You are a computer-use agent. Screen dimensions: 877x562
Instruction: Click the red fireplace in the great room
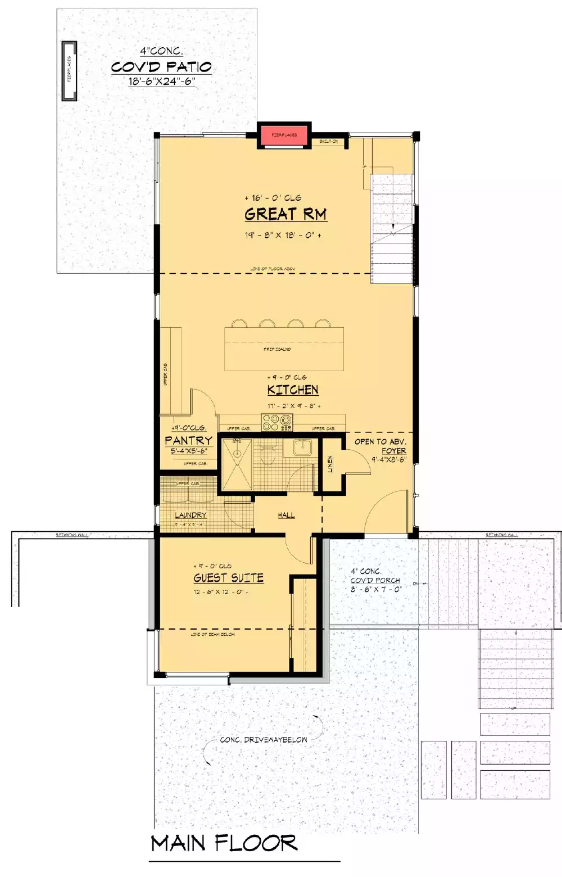pos(284,135)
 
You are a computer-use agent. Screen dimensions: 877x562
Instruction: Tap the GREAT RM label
pos(285,214)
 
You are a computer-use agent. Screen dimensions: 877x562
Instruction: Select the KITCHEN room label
pos(293,390)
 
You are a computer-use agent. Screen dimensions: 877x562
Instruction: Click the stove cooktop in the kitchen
pos(277,422)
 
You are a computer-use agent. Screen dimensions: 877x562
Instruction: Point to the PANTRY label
pos(188,440)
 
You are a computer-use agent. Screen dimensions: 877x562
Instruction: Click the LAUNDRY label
pos(191,514)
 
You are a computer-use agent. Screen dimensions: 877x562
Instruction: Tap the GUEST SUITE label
pos(228,578)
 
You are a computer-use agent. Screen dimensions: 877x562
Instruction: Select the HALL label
pos(286,514)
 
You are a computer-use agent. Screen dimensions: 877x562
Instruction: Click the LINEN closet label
pos(330,464)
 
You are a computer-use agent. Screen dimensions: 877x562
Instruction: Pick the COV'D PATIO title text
pos(161,67)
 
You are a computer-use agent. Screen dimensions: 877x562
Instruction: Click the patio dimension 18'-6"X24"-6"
pos(161,81)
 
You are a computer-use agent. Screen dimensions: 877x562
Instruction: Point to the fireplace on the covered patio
pos(69,70)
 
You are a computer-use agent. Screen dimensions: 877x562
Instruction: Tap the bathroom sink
pos(302,447)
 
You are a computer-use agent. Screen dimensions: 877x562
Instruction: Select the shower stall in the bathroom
pos(237,464)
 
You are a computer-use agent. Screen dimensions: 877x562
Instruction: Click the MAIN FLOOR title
pos(224,843)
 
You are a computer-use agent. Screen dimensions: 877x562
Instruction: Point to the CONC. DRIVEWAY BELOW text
pos(264,740)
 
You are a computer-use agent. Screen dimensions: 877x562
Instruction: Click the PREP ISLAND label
pos(278,349)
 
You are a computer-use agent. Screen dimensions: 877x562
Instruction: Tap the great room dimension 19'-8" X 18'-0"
pos(283,235)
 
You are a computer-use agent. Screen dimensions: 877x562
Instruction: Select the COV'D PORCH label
pos(375,580)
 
